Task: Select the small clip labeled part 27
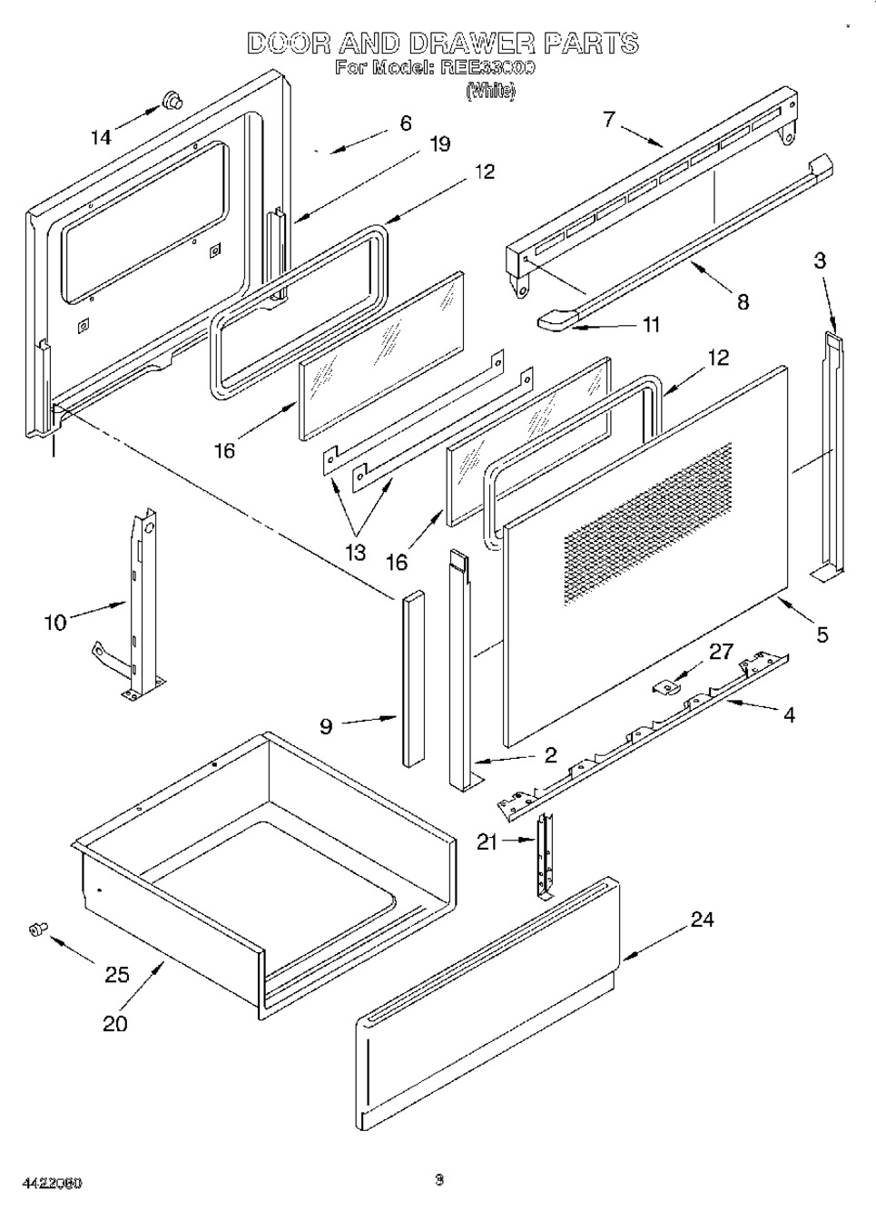pyautogui.click(x=670, y=687)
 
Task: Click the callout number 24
pyautogui.click(x=702, y=920)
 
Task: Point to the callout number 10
pyautogui.click(x=55, y=623)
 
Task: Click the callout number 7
pyautogui.click(x=608, y=118)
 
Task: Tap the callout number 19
pyautogui.click(x=439, y=143)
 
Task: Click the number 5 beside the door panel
pyautogui.click(x=822, y=635)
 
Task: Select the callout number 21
pyautogui.click(x=487, y=842)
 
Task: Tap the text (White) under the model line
pyautogui.click(x=490, y=91)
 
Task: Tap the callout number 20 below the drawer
pyautogui.click(x=115, y=1023)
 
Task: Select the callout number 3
pyautogui.click(x=820, y=261)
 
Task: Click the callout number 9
pyautogui.click(x=326, y=725)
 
